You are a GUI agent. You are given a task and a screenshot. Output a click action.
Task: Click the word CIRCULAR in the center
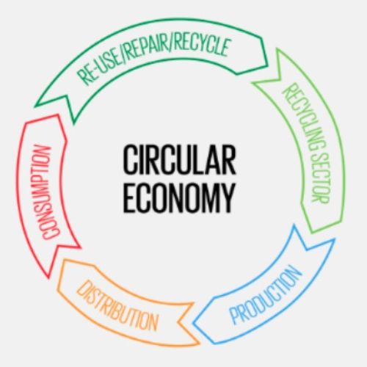(x=179, y=159)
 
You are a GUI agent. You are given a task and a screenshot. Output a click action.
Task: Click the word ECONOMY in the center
(x=179, y=197)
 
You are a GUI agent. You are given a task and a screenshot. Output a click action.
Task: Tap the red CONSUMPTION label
(x=47, y=192)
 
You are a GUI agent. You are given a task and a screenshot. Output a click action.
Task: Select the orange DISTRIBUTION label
(x=117, y=305)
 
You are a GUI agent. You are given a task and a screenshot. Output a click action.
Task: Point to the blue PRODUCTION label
(x=266, y=295)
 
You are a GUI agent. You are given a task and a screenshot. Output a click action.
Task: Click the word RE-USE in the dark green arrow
(x=101, y=68)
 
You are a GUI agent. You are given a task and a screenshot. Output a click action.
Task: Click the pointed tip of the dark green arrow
(x=36, y=106)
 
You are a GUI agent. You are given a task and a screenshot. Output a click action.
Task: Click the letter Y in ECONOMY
(x=227, y=197)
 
